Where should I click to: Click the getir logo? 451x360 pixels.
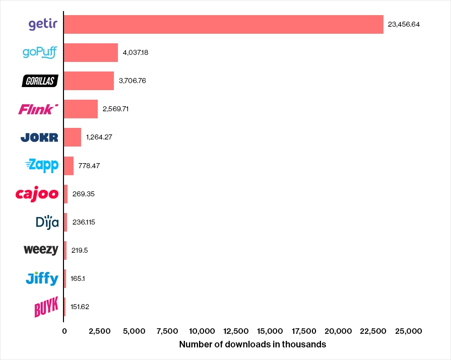43,24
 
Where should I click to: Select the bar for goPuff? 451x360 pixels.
91,52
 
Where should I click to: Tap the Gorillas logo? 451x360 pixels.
40,81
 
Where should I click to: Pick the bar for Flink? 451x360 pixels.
81,109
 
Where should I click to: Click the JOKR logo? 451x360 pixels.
39,137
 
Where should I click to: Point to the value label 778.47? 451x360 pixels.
89,166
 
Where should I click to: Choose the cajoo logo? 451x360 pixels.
37,193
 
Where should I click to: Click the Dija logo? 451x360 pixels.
47,222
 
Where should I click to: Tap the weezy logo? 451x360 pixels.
41,250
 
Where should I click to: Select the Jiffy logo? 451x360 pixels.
42,278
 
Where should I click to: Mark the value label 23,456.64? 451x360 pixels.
404,24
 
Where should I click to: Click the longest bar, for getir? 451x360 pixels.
223,24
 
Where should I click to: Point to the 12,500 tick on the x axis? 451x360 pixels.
235,331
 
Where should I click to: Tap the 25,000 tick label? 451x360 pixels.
408,331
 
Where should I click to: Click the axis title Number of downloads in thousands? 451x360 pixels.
252,345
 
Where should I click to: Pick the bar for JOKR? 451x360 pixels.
73,137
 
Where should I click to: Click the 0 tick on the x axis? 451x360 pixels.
64,331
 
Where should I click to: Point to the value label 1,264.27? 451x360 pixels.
100,137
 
